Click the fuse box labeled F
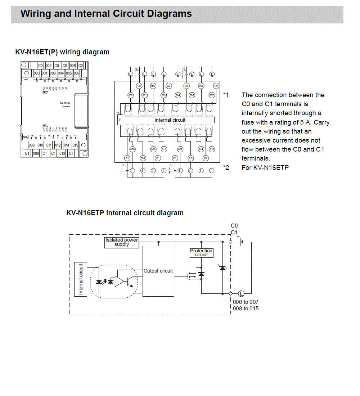click(120, 120)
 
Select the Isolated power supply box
click(122, 242)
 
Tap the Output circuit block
click(158, 271)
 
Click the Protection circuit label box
click(201, 253)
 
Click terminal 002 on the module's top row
click(49, 66)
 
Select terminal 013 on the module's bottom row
click(62, 153)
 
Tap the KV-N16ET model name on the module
click(65, 103)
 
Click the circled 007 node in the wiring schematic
click(212, 95)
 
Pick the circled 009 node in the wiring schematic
click(143, 158)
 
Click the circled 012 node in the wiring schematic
click(180, 149)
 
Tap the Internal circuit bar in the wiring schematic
click(170, 120)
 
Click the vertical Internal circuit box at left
click(81, 279)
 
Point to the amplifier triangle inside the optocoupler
click(119, 281)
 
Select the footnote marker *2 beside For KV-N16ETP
click(226, 167)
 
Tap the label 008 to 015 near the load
click(246, 309)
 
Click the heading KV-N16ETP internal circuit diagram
click(125, 213)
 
